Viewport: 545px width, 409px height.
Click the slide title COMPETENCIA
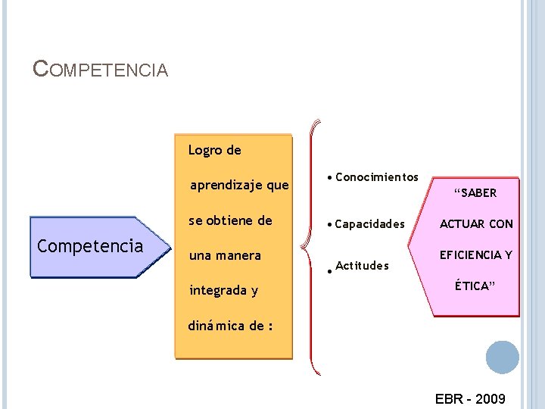[101, 70]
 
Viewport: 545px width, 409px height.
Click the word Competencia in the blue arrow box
[90, 246]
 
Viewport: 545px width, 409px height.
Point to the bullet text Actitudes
[362, 265]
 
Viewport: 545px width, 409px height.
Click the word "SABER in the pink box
[475, 192]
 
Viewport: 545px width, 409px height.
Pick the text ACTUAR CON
[476, 223]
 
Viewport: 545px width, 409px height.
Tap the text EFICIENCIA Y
[476, 254]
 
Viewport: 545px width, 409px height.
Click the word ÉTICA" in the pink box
[475, 286]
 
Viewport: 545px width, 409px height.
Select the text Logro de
[215, 150]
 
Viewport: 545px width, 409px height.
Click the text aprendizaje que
[239, 185]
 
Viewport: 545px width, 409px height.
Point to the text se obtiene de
[230, 220]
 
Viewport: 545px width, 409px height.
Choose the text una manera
[225, 255]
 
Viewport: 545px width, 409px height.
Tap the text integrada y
[223, 290]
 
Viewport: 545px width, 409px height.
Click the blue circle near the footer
[502, 357]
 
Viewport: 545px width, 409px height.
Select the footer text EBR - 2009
[470, 398]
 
